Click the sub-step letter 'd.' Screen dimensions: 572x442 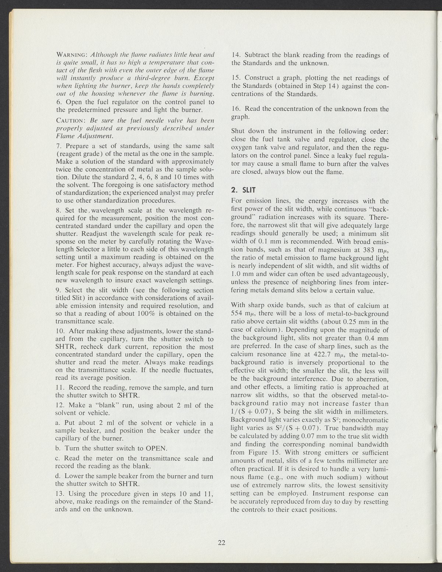coord(57,476)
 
